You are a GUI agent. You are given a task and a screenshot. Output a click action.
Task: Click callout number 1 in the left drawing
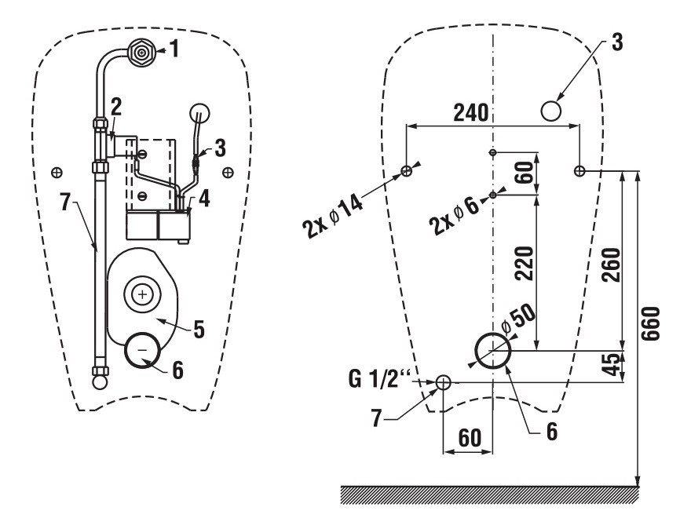tap(175, 52)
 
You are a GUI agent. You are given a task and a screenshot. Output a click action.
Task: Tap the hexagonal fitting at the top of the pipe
tap(141, 53)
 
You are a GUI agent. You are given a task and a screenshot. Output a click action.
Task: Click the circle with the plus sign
tap(141, 294)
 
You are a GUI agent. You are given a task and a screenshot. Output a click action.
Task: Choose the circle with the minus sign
tap(142, 347)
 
